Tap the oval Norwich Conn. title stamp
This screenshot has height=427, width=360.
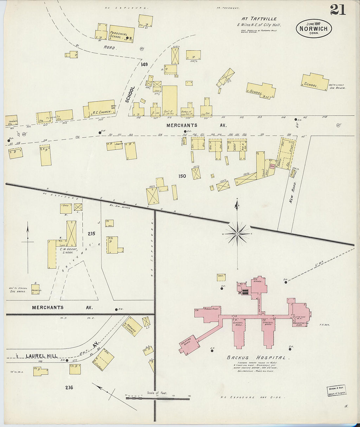pos(314,28)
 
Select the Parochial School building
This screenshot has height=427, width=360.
pos(121,34)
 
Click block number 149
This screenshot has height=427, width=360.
pos(144,64)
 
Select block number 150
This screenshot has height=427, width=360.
pos(182,176)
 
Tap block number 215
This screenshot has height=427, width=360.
pos(91,234)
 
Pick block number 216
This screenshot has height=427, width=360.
pos(69,388)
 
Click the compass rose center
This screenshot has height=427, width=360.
pos(237,234)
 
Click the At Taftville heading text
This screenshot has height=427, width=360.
pos(259,19)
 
